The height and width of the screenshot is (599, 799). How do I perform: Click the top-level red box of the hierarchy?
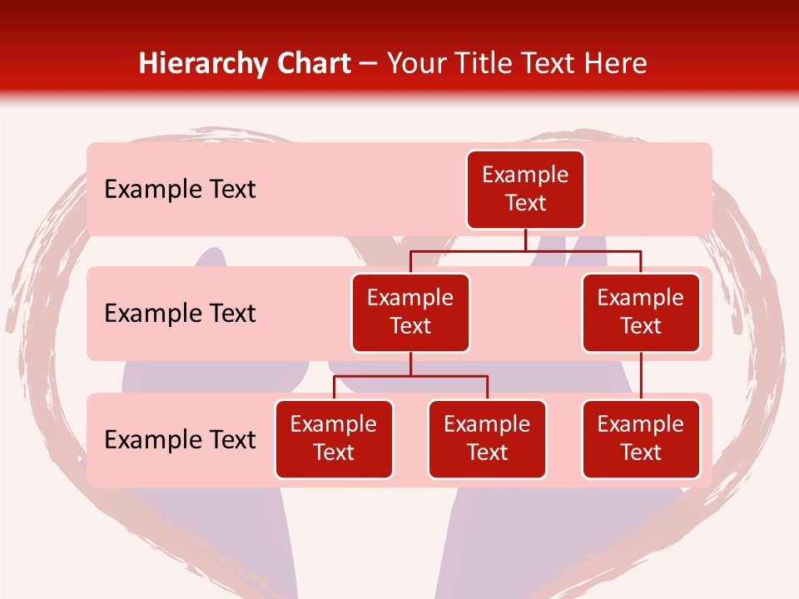pos(525,190)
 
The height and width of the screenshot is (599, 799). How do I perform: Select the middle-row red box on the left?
pos(410,313)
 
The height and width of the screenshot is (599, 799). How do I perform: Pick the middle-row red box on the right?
pos(641,313)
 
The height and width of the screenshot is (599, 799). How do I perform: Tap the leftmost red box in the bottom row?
pos(334,439)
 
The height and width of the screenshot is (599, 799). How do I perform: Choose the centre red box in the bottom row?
pos(487,439)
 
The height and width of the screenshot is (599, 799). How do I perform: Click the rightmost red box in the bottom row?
pos(641,439)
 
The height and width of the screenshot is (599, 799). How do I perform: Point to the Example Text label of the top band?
pos(180,190)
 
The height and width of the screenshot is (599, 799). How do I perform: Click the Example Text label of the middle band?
pos(180,314)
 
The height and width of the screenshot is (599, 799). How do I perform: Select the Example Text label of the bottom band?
pos(180,439)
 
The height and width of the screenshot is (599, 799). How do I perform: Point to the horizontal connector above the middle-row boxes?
pos(525,250)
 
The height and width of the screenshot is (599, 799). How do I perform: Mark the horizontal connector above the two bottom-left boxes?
pos(410,376)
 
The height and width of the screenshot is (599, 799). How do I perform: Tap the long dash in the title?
pos(370,65)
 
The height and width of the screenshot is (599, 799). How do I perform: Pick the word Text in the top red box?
pos(525,204)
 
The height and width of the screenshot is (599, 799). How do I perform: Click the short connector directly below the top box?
pos(525,240)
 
